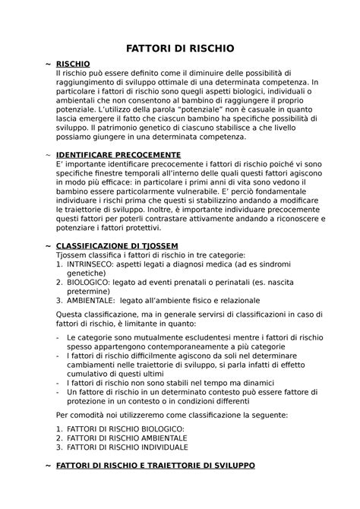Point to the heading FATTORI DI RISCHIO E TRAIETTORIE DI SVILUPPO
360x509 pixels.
tap(156, 463)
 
